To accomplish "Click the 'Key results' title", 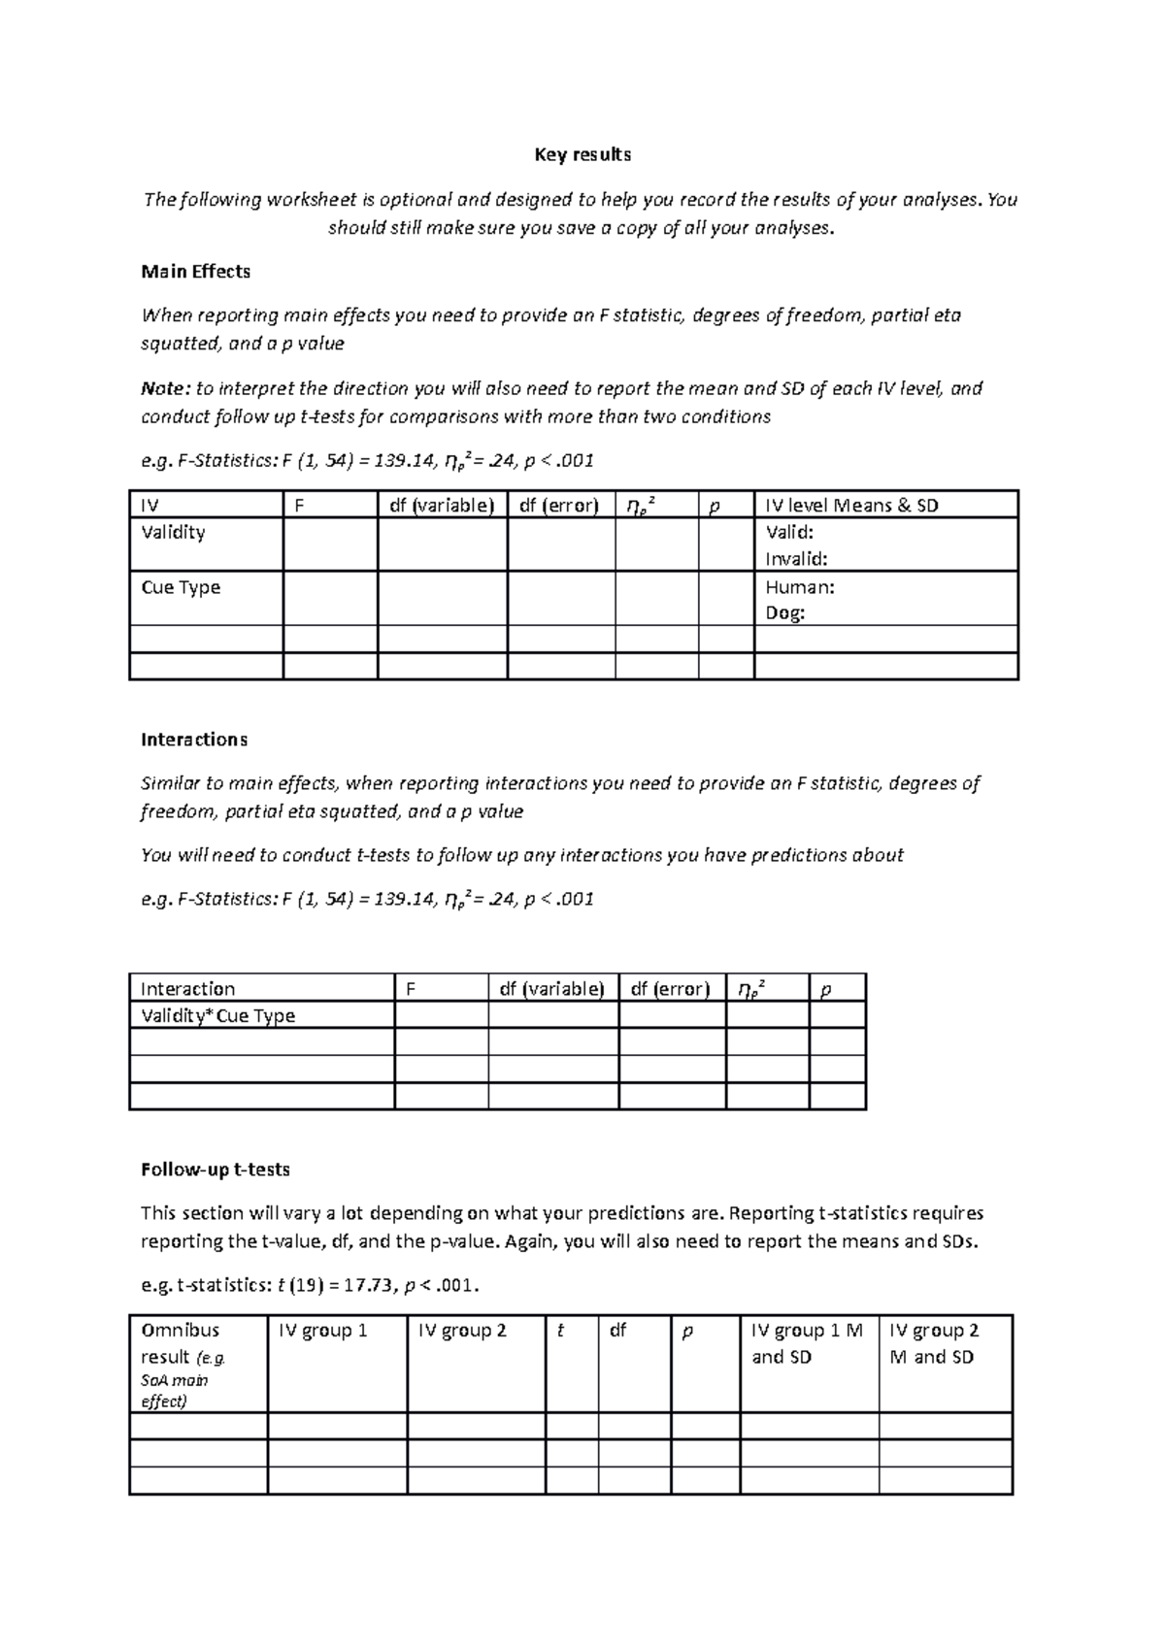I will [582, 155].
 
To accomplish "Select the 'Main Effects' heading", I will [195, 272].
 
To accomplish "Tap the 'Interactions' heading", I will [193, 740].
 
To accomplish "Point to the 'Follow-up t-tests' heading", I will [215, 1170].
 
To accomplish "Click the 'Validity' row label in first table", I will [173, 533].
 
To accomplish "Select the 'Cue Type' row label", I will [181, 587].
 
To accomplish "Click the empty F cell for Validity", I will [329, 544].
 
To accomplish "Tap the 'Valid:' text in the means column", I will [789, 533].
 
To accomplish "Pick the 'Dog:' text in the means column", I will [784, 613].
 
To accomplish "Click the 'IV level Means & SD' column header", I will [851, 506].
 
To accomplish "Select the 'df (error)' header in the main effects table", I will [559, 506].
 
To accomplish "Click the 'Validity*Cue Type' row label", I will [217, 1016].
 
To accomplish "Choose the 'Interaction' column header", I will [187, 989].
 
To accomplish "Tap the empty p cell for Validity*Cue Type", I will [836, 1016].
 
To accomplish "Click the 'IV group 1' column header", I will [322, 1331].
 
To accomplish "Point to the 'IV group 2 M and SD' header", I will [933, 1343].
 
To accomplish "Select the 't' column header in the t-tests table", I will [560, 1331].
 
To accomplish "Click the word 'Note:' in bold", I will [165, 389].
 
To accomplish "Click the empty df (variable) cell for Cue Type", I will [442, 598].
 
